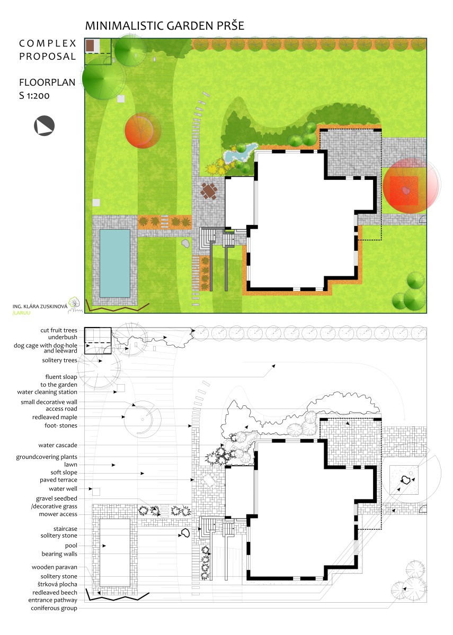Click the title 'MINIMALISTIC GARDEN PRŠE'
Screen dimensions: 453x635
[165, 25]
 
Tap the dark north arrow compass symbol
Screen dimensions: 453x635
[45, 126]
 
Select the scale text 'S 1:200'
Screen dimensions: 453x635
[34, 96]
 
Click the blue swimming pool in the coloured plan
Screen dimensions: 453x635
[114, 264]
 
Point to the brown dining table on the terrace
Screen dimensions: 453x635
[209, 191]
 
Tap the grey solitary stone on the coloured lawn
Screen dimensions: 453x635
[185, 243]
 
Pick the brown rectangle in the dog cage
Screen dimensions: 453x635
[90, 46]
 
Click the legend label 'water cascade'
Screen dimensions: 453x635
[58, 445]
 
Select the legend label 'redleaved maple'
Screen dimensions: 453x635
[55, 417]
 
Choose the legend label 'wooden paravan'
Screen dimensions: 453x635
[54, 567]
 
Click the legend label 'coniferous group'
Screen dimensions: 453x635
[54, 608]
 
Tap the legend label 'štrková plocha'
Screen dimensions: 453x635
[57, 584]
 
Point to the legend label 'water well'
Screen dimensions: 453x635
[63, 488]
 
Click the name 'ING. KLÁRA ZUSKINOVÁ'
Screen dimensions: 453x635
[40, 306]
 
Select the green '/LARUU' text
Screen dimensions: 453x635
[21, 313]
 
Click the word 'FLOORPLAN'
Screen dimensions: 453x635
[47, 82]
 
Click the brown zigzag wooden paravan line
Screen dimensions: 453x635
[118, 307]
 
